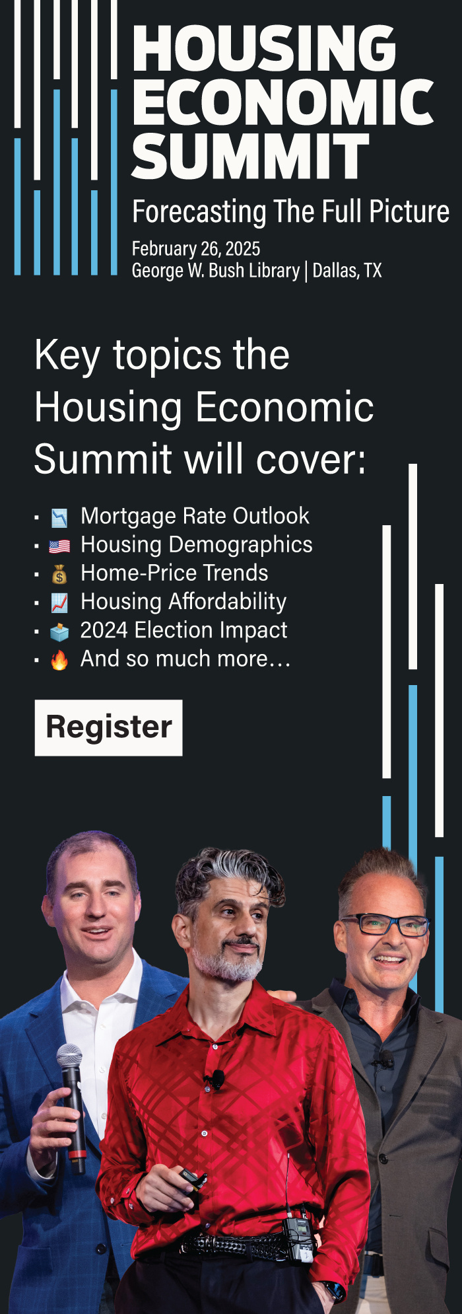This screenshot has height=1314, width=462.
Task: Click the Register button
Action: (108, 727)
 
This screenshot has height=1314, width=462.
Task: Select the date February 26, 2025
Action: (196, 249)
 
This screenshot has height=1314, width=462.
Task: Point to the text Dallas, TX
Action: (347, 271)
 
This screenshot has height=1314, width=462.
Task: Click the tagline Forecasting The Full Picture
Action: (290, 212)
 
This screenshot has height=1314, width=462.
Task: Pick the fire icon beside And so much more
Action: (59, 660)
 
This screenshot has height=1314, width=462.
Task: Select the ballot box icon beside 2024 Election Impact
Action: (59, 632)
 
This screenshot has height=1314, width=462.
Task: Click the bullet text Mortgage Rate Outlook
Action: (195, 516)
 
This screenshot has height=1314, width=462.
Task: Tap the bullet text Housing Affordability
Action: (183, 602)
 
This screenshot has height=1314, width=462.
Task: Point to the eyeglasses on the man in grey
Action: (385, 924)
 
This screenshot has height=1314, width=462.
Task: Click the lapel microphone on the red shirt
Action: (215, 1079)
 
